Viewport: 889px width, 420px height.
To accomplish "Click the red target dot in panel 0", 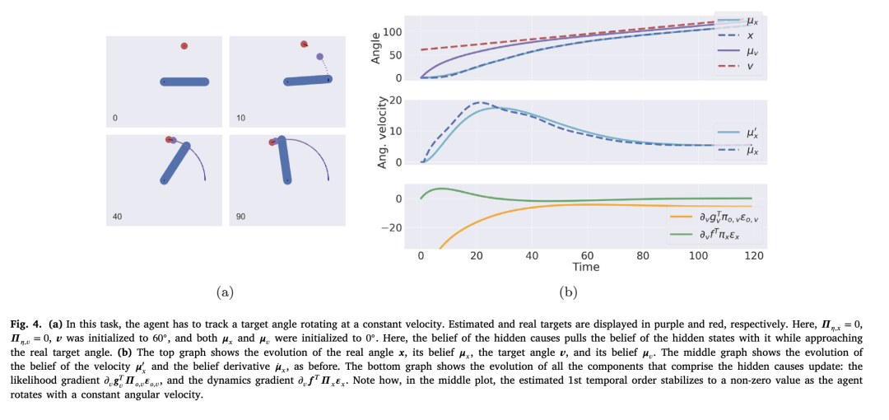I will click(x=184, y=46).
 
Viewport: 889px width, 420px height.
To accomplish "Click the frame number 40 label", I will click(x=117, y=217).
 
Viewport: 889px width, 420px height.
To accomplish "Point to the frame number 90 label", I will click(x=240, y=217).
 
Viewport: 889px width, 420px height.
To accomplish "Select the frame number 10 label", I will click(x=240, y=119).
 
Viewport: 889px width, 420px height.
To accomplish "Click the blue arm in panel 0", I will click(x=185, y=82).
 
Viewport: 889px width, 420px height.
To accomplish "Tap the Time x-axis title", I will click(x=586, y=267).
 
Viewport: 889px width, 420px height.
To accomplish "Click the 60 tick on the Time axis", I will click(x=587, y=255).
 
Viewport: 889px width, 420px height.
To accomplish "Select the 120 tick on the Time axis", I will click(x=753, y=255).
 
